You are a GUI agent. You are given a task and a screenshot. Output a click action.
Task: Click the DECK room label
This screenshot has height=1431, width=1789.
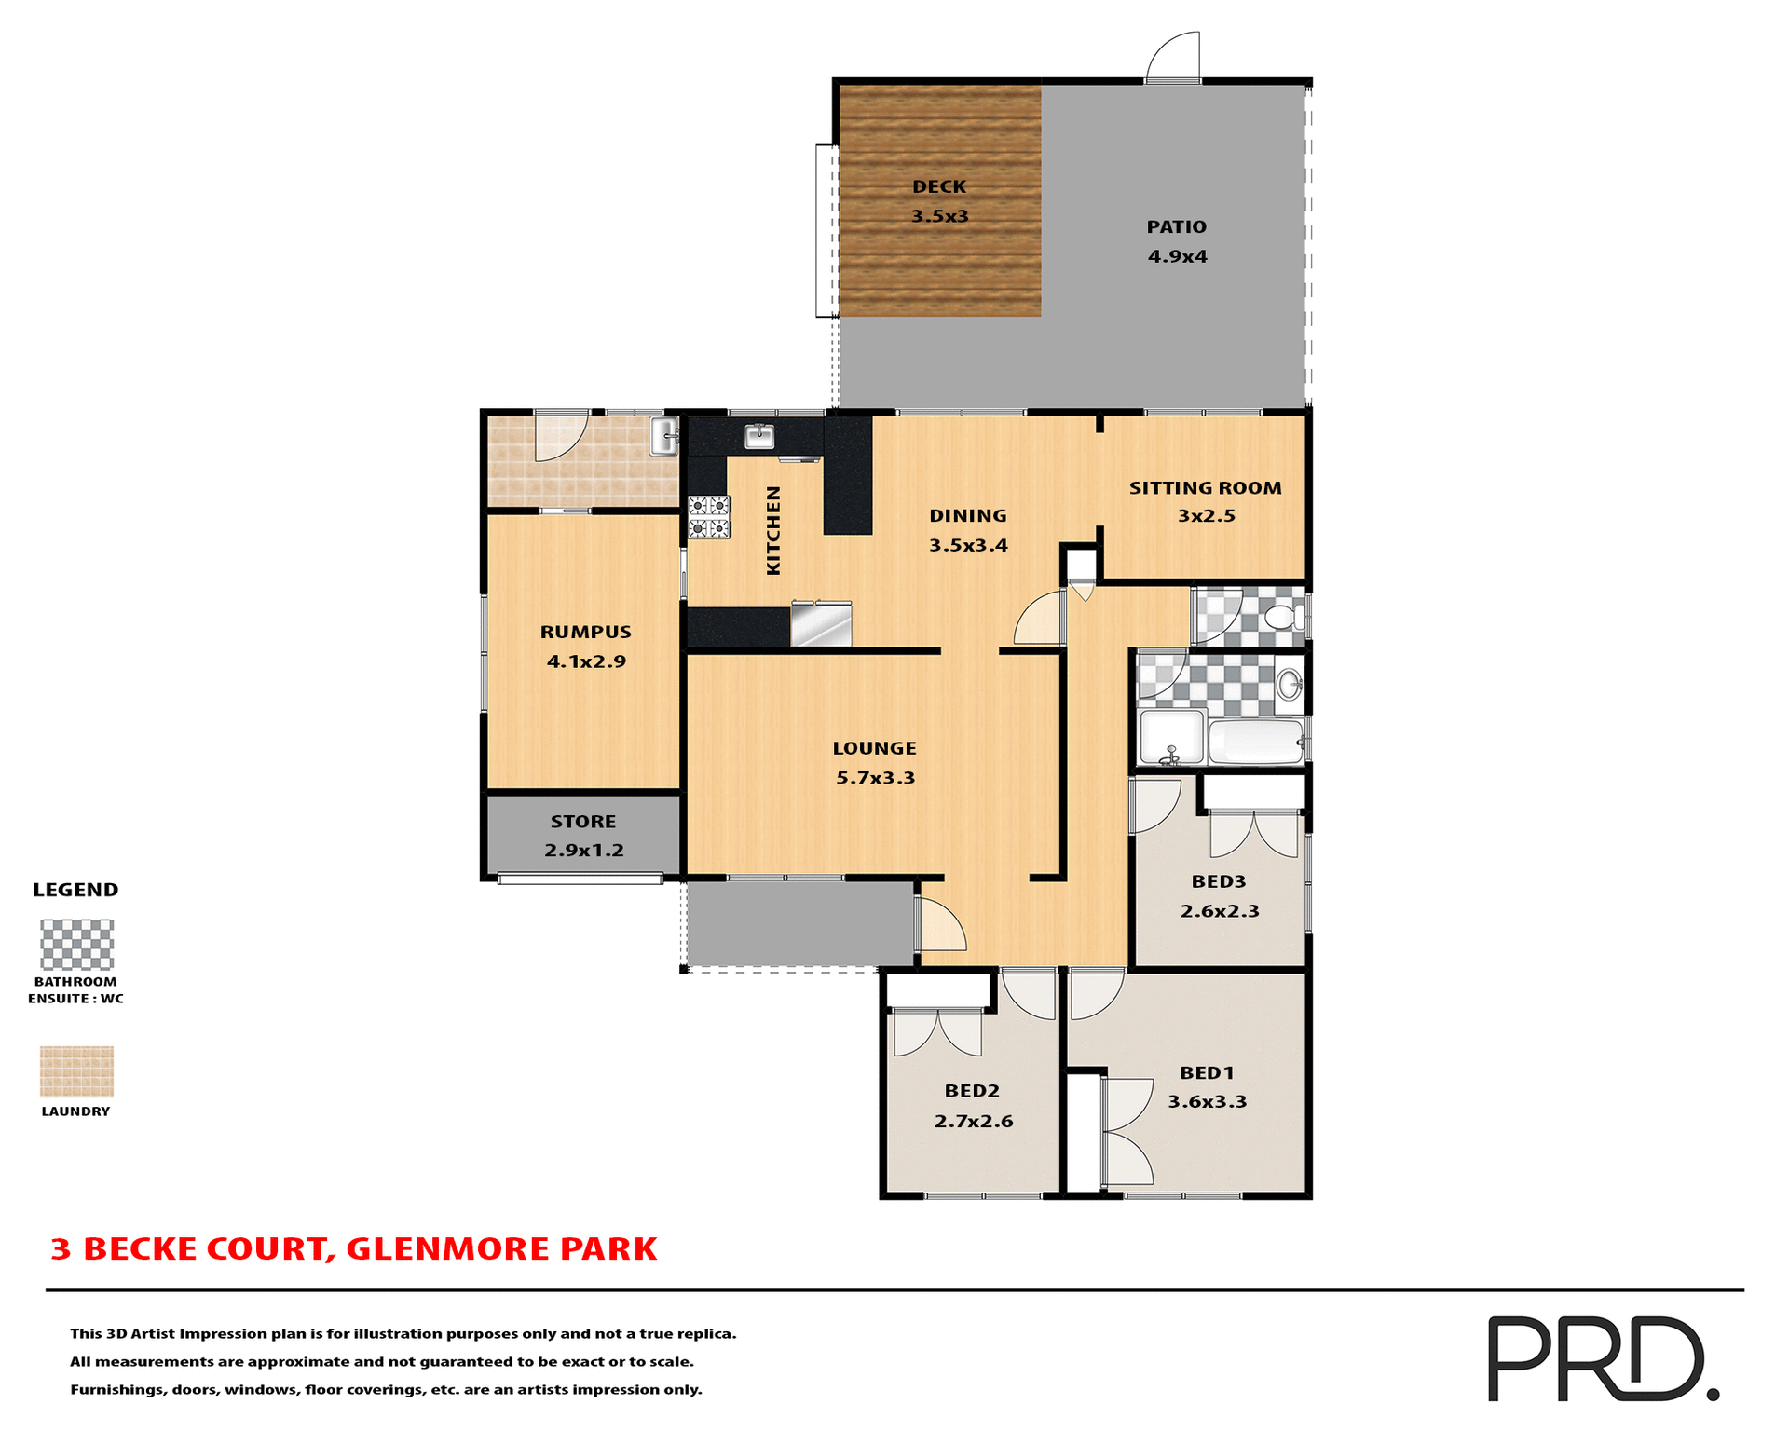tap(939, 187)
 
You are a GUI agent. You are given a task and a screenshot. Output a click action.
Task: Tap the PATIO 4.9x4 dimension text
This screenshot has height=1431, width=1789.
tap(1177, 257)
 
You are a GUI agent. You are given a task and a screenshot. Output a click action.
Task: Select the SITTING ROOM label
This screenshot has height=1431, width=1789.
tap(1205, 488)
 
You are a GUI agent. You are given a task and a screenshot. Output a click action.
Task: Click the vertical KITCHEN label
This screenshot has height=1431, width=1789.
tap(773, 531)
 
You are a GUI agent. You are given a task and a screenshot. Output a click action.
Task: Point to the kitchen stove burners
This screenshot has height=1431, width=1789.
tap(709, 518)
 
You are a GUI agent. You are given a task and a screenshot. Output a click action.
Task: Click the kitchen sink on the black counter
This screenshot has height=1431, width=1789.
tap(759, 436)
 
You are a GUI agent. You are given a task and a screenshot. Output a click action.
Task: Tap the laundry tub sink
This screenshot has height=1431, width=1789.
tap(663, 436)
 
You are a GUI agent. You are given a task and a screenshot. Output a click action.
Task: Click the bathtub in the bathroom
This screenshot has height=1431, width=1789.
tap(1256, 742)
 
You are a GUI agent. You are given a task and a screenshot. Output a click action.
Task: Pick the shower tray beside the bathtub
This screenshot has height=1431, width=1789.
tap(1171, 739)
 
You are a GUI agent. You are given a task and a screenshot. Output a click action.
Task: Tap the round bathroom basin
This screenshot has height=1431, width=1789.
tap(1290, 685)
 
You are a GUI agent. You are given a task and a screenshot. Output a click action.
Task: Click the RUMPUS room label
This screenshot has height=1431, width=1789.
tap(585, 633)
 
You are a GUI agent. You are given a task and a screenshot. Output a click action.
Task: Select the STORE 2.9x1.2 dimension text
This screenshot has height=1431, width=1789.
tap(584, 851)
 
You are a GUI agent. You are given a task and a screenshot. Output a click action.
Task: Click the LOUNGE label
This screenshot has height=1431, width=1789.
tap(874, 749)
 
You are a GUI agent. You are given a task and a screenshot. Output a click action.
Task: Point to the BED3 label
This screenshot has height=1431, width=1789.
tap(1218, 882)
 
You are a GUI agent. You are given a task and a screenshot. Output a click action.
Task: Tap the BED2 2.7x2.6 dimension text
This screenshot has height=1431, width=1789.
tap(973, 1122)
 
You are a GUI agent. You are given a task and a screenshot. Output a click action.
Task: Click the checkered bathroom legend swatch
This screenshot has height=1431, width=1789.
tap(77, 945)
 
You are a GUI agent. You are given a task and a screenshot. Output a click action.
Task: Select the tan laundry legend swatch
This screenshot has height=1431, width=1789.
tap(76, 1071)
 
